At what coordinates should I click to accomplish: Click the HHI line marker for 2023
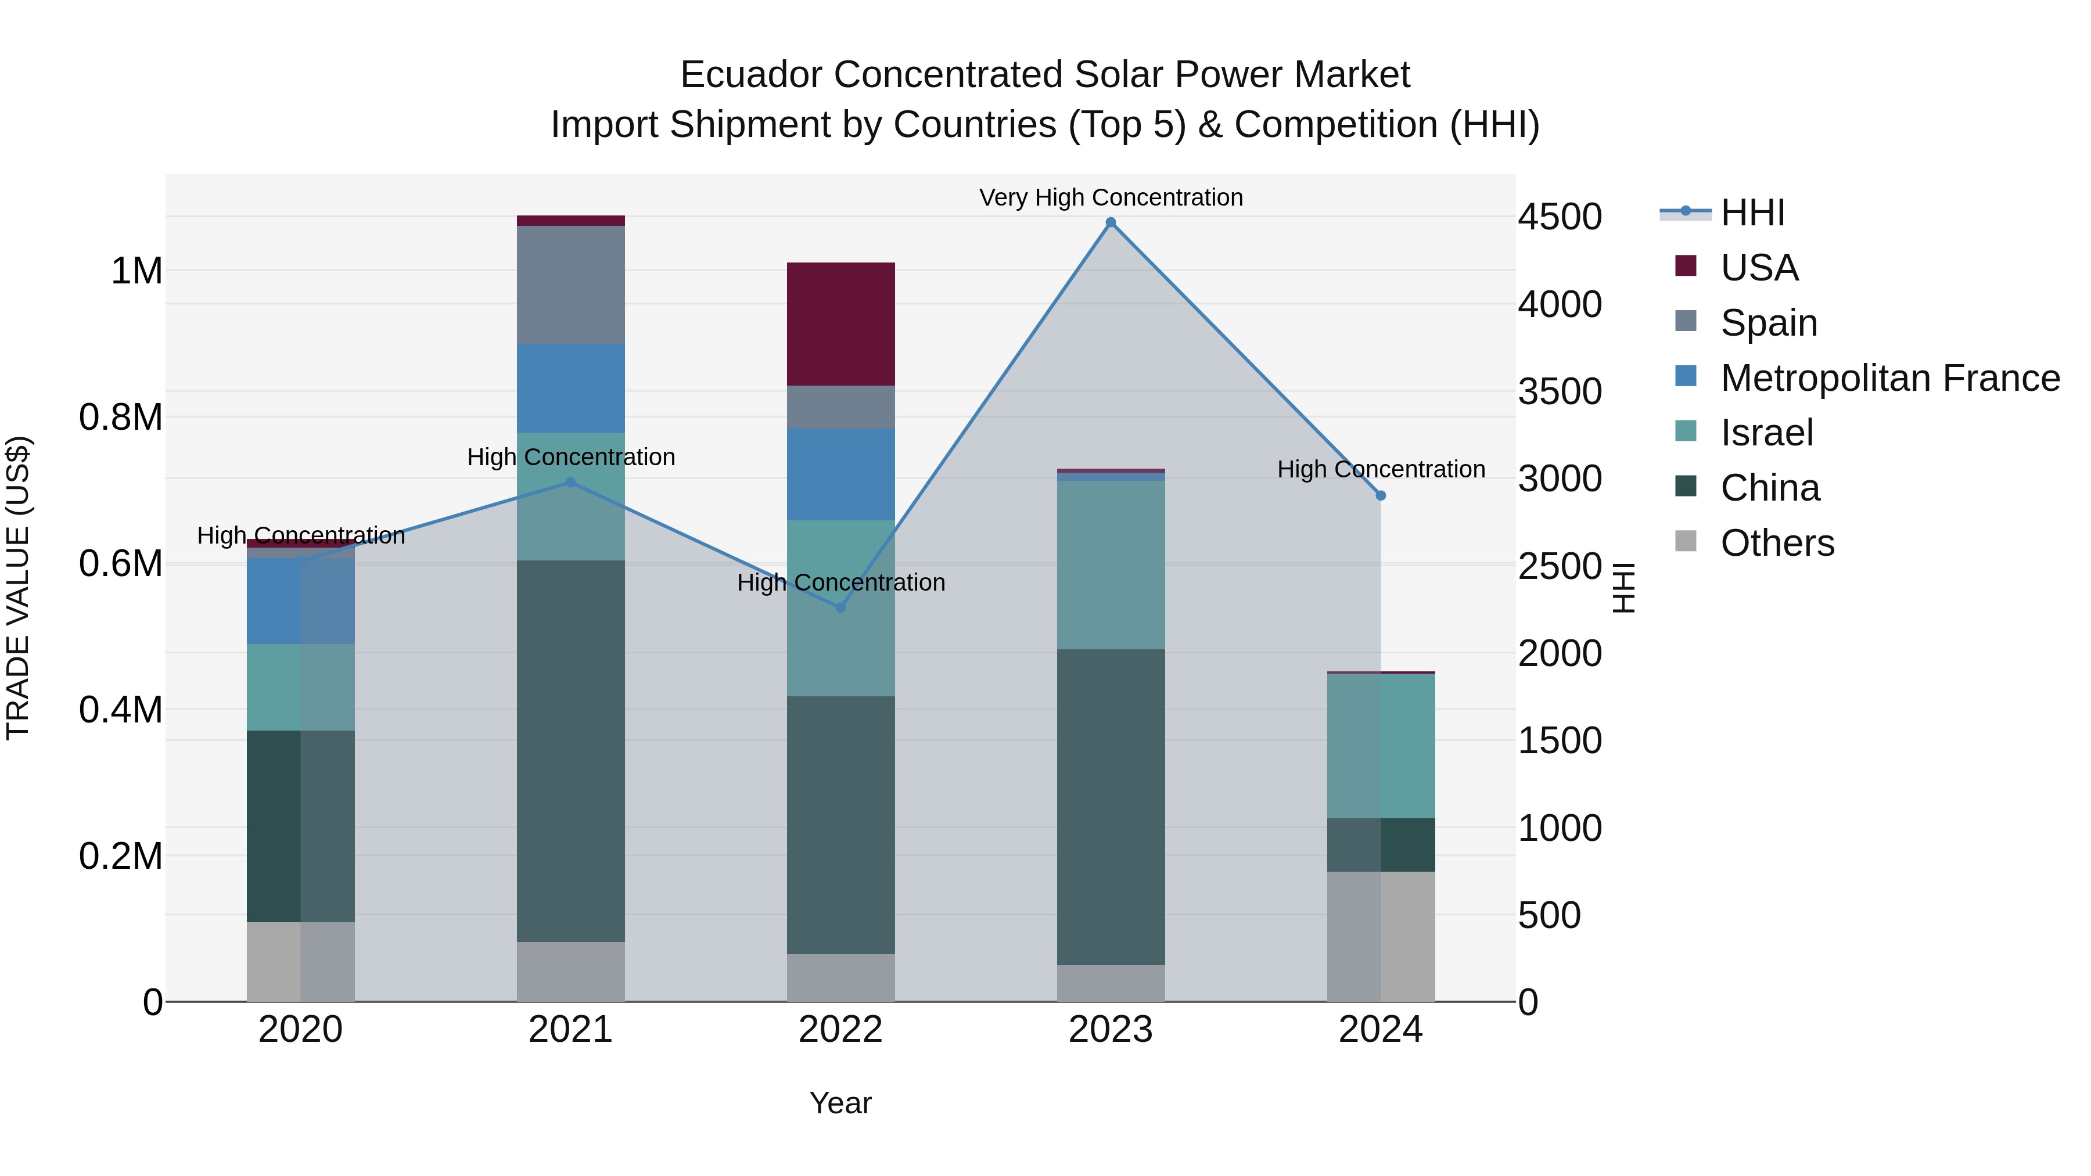(1111, 222)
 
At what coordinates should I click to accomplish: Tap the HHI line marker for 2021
(570, 482)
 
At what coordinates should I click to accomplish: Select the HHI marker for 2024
(1381, 495)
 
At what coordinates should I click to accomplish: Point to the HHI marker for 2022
(841, 608)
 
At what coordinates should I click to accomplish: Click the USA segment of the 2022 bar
(841, 324)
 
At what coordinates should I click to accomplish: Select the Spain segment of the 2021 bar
(570, 284)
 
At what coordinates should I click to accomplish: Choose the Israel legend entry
(1766, 433)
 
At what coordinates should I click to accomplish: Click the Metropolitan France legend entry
(1889, 378)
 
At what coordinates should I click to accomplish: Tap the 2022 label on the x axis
(841, 1030)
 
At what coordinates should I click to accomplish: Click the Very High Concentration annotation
(1111, 197)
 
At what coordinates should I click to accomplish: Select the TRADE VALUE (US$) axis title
(18, 588)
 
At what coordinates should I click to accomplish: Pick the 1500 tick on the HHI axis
(1560, 740)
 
